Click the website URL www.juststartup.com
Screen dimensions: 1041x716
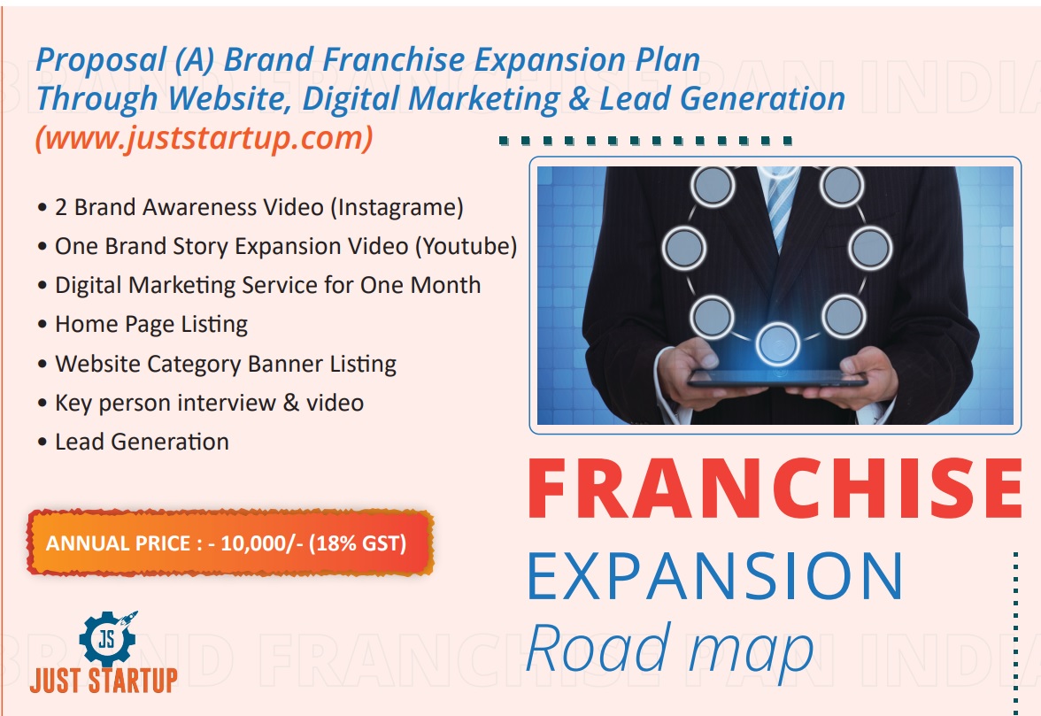coord(204,138)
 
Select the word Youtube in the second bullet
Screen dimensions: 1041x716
coord(466,246)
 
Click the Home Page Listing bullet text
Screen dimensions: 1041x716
coord(151,325)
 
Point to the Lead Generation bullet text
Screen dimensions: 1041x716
coord(142,442)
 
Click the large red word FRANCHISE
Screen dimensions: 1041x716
coord(775,489)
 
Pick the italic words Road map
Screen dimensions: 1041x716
coord(669,650)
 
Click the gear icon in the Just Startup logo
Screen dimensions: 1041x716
coord(107,638)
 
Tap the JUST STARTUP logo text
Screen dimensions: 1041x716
coord(104,681)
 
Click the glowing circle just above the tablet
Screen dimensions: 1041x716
coord(777,344)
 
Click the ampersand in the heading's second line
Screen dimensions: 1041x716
coord(579,98)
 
